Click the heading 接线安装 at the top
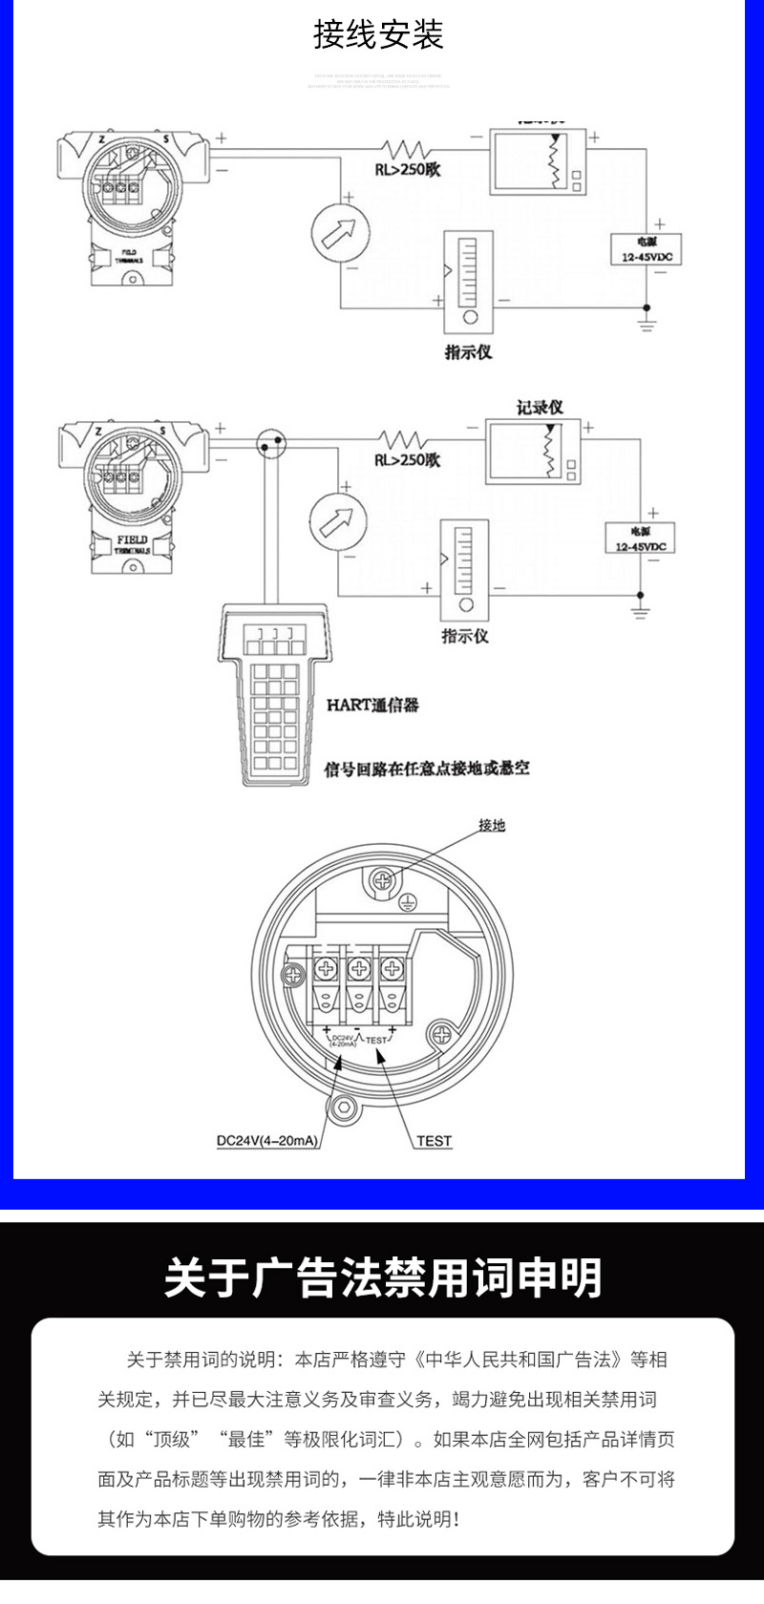click(x=379, y=35)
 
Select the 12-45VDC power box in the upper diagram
click(x=646, y=250)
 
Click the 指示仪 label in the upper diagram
click(x=468, y=351)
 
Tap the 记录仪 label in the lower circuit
click(x=540, y=407)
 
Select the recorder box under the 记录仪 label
click(x=531, y=454)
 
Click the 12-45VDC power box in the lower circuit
click(x=640, y=538)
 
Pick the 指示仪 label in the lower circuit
click(x=464, y=636)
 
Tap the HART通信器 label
click(x=372, y=706)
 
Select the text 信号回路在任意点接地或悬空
click(x=427, y=768)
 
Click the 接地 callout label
click(x=492, y=825)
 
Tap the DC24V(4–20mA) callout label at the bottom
click(x=266, y=1141)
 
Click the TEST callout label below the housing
click(x=434, y=1141)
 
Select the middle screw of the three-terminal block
click(x=358, y=971)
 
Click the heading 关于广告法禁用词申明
click(x=382, y=1277)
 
